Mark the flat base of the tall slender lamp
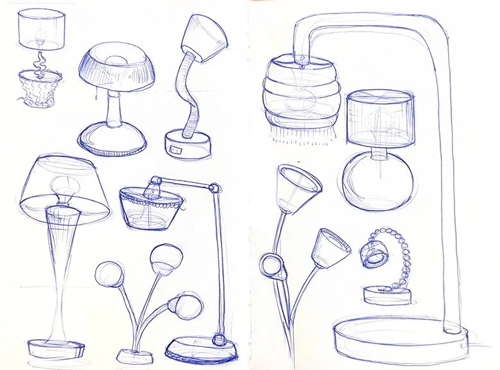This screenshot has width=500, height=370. pos(57,348)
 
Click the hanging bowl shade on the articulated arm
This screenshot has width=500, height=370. pos(151,206)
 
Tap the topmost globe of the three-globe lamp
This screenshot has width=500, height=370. pos(162,258)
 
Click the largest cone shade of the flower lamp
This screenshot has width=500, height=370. pos(297,187)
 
